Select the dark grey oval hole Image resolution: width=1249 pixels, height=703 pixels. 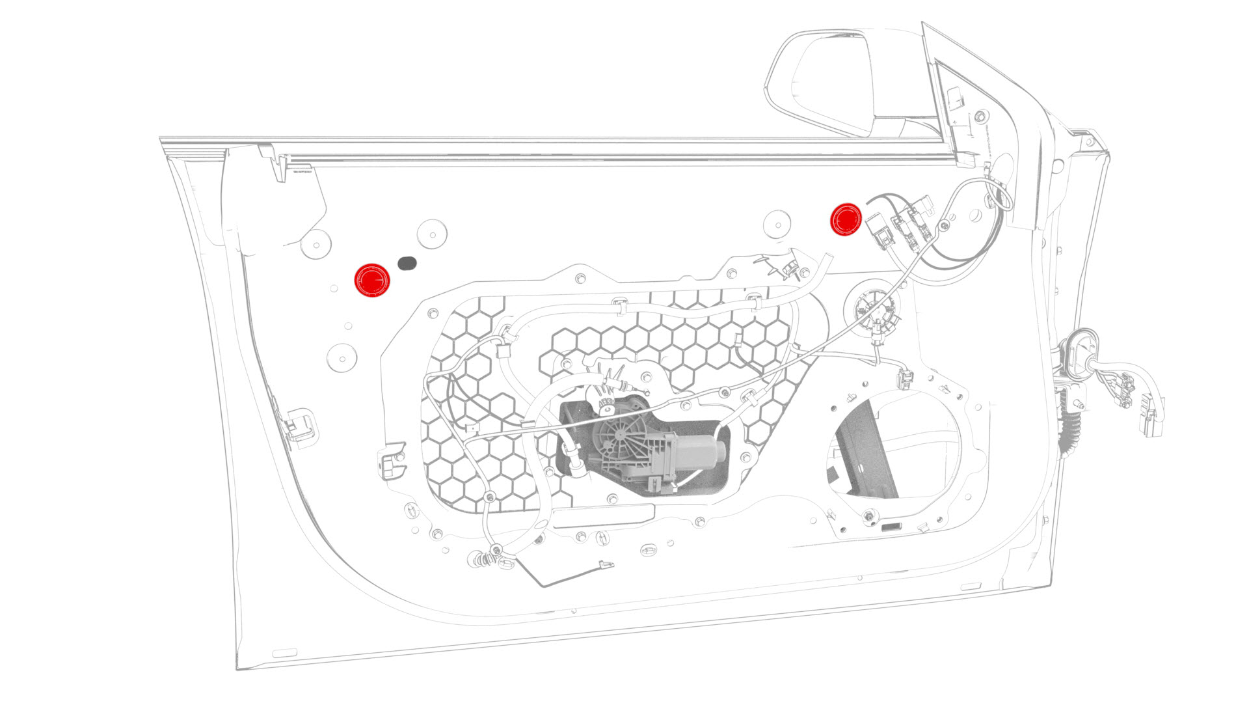[x=407, y=263]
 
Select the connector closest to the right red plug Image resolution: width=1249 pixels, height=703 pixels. [x=878, y=230]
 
